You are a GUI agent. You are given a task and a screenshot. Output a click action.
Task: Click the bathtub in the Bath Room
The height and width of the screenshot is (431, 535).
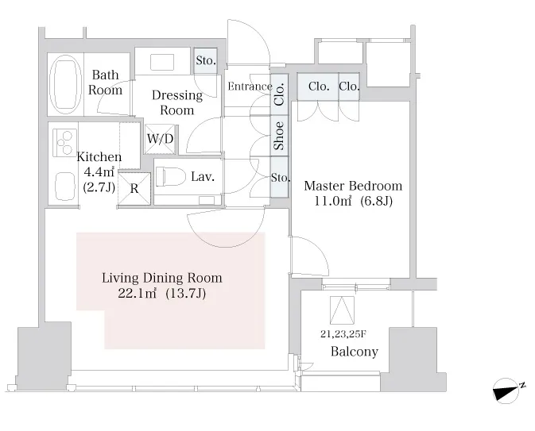(65, 84)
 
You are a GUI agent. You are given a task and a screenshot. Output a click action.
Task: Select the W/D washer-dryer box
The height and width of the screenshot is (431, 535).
(160, 139)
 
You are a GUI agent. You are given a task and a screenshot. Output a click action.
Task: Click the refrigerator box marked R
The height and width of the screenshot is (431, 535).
(134, 189)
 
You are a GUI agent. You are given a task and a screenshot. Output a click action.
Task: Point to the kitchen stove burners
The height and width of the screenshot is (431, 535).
(64, 142)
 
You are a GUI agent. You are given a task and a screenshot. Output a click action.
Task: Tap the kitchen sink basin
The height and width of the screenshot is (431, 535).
(65, 187)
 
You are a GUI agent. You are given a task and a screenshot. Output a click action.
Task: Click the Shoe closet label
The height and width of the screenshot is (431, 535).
(279, 136)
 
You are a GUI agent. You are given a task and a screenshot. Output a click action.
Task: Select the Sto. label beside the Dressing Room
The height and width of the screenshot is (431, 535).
(206, 60)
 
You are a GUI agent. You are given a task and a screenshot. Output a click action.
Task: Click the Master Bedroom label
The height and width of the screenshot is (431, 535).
(353, 186)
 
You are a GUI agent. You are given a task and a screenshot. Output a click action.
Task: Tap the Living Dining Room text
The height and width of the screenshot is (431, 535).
(162, 278)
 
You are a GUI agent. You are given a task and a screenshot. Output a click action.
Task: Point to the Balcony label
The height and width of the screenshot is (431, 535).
(355, 352)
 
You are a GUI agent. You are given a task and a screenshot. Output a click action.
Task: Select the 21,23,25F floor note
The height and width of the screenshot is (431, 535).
(343, 334)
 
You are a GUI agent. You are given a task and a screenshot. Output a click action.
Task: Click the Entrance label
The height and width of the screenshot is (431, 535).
(250, 87)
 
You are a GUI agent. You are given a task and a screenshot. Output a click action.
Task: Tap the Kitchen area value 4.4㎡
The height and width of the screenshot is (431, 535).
(99, 172)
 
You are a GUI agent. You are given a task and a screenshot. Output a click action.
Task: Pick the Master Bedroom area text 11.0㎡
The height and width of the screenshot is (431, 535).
(332, 201)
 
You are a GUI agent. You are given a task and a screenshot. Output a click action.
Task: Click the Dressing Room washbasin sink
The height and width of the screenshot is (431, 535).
(162, 63)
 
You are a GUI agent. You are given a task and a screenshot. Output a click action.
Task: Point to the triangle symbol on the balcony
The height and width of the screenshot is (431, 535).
(342, 310)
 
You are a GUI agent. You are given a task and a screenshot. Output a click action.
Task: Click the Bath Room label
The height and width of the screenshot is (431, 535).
(105, 83)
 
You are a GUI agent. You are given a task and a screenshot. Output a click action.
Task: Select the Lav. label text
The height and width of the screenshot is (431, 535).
(203, 177)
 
